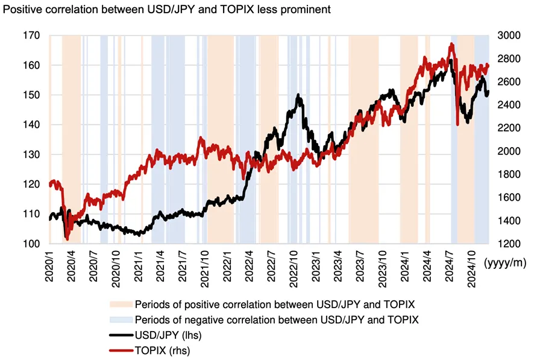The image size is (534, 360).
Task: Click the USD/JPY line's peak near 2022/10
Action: click(x=299, y=95)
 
